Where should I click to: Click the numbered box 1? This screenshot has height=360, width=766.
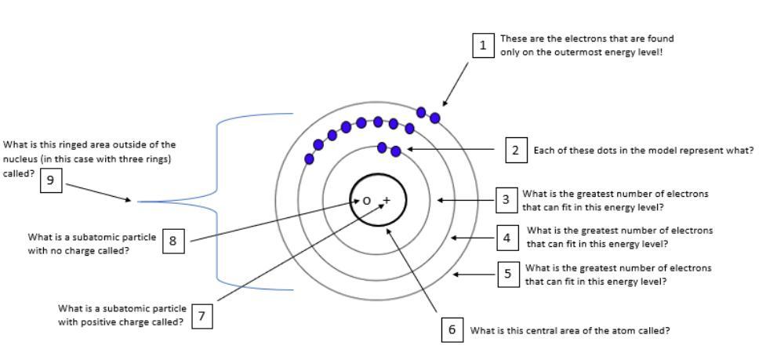483,45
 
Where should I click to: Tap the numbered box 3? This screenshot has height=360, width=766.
506,200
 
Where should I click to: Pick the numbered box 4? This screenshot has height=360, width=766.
506,238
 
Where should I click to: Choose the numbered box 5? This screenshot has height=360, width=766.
508,275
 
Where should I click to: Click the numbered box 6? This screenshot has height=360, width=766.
452,330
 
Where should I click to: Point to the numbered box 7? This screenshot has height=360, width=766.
201,316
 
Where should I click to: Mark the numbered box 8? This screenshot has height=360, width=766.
173,242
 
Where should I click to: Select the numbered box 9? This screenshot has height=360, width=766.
50,180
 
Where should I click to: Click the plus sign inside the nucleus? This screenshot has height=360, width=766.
386,200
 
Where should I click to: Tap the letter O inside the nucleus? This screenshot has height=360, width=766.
366,201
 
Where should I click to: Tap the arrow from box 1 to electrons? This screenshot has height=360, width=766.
456,83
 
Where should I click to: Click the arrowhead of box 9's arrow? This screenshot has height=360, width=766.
129,200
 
